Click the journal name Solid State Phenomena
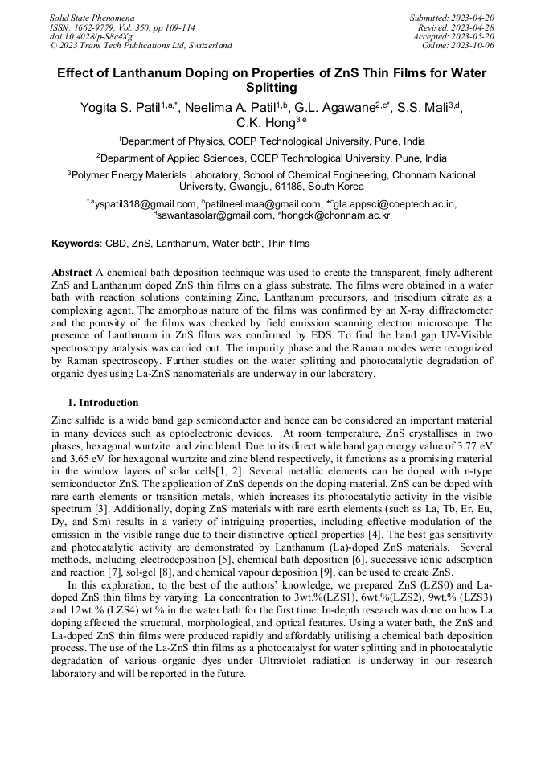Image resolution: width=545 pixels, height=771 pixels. point(92,17)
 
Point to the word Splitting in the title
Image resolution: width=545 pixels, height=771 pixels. point(272,88)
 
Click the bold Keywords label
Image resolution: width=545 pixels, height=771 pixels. point(76,244)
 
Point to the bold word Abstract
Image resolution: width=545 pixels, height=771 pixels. point(72,273)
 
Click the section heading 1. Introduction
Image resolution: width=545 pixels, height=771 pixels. point(103,403)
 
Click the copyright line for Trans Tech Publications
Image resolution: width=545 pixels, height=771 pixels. point(141,46)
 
